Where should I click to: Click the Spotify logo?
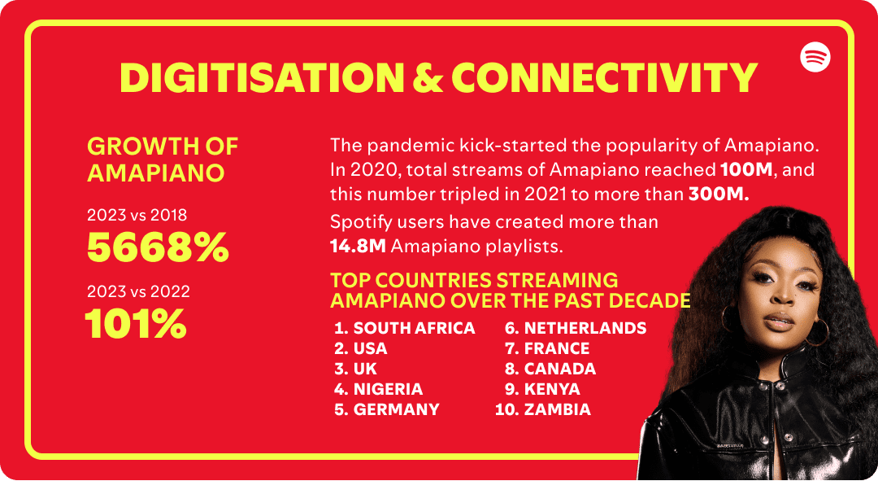tap(815, 57)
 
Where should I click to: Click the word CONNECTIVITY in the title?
tap(605, 77)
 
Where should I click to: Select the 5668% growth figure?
tap(158, 248)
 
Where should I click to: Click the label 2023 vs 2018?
tap(137, 216)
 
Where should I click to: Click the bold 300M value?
tap(719, 195)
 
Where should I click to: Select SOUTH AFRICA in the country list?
tap(414, 328)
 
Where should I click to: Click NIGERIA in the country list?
tap(388, 389)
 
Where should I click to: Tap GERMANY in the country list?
tap(396, 409)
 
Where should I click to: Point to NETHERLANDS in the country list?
tap(585, 328)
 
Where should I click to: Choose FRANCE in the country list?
tap(557, 348)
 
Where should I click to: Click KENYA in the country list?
tap(552, 389)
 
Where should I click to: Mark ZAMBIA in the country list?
tap(557, 409)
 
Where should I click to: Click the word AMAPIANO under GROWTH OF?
tap(155, 173)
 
